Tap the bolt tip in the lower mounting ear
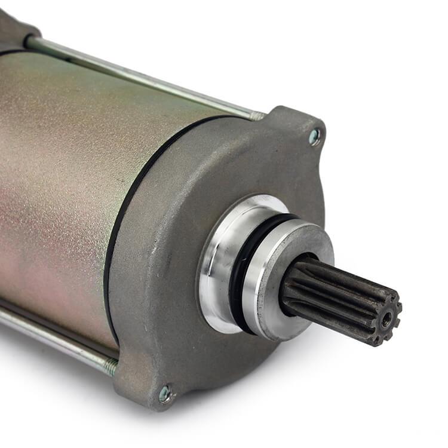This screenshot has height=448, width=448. (164, 393)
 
